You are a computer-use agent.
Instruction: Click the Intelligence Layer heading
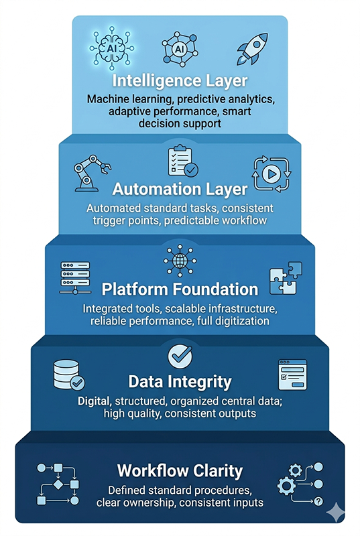click(180, 82)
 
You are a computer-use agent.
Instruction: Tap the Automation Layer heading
click(180, 188)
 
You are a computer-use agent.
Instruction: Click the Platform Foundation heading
click(180, 289)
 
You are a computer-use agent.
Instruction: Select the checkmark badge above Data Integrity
click(180, 356)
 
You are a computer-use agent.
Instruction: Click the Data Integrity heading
click(180, 383)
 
